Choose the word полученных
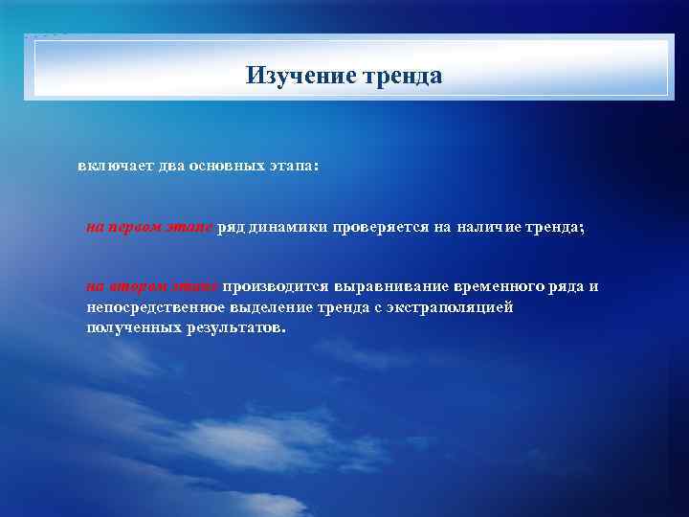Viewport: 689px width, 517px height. tap(131, 328)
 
